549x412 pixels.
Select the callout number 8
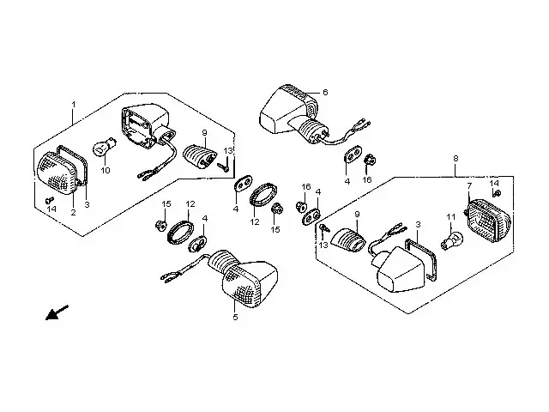(x=455, y=159)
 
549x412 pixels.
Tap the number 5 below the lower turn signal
(x=235, y=317)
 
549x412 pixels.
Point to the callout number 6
(x=325, y=91)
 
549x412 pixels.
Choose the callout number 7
(x=469, y=185)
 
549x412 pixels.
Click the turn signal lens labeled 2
(x=57, y=176)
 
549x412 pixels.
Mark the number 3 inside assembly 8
(x=418, y=223)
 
